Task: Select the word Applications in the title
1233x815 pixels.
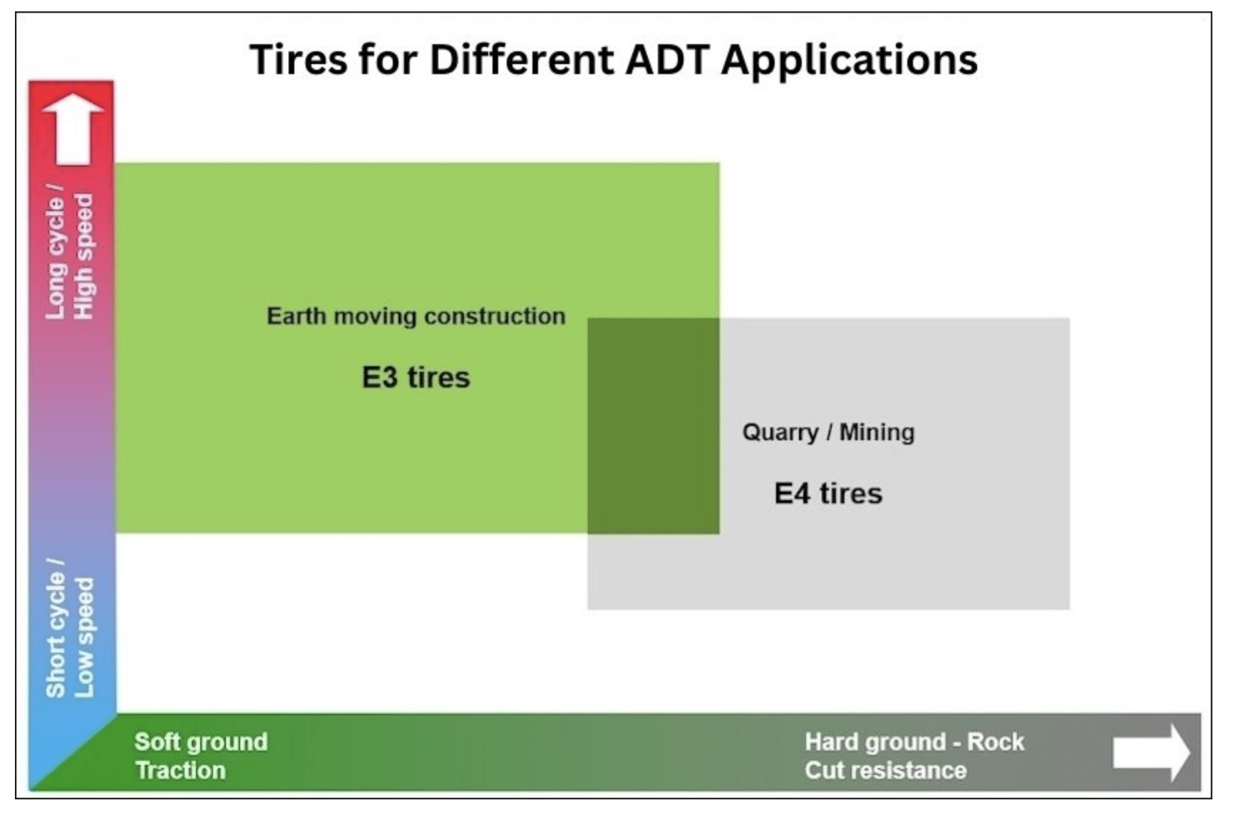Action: pos(850,61)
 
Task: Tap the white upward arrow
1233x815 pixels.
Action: pos(73,129)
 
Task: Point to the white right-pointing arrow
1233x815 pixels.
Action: pos(1151,753)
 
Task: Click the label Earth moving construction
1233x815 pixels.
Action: pos(416,316)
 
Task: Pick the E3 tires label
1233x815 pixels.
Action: pos(416,377)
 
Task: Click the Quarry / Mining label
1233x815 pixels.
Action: pos(828,432)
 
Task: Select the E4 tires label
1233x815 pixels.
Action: pos(828,493)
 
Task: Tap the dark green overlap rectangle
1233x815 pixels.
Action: pos(654,426)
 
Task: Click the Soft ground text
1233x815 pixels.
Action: pos(201,742)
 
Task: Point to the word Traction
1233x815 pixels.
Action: pos(180,770)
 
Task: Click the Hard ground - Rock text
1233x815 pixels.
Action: pos(914,742)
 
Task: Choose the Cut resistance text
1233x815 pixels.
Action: pos(886,770)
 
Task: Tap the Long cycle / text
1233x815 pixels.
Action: pos(55,251)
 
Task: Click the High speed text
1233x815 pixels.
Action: pos(83,256)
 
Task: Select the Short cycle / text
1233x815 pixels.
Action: pos(55,628)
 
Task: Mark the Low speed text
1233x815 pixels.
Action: pos(83,638)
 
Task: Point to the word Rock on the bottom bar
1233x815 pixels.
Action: pos(996,742)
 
